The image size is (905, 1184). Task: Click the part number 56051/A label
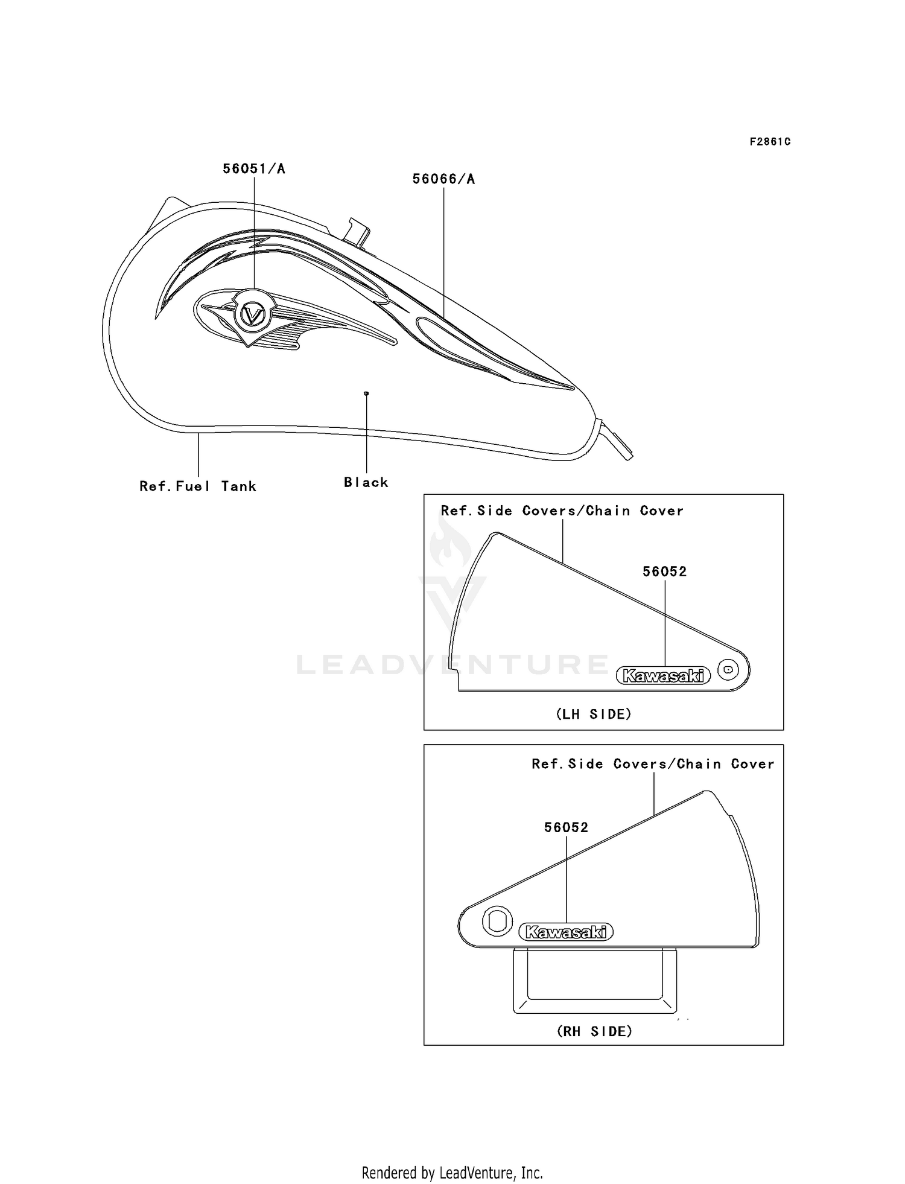tap(254, 169)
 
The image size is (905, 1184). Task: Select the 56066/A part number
tap(443, 179)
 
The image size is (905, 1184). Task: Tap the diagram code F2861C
tap(770, 142)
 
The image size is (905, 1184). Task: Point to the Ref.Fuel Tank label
tap(198, 486)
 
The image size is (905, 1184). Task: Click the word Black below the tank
tap(366, 482)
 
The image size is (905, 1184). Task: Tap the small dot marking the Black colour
tap(366, 393)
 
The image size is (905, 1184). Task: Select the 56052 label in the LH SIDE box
tap(664, 571)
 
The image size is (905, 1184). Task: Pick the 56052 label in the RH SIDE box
tap(566, 827)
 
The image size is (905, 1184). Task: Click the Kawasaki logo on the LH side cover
tap(663, 676)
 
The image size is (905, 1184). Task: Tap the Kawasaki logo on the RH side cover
tap(566, 932)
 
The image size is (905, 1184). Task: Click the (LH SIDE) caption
tap(593, 714)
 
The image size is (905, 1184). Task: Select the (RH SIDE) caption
tap(594, 1031)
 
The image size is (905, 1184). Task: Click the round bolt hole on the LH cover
tap(729, 669)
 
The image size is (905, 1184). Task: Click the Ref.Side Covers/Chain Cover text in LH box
tap(562, 511)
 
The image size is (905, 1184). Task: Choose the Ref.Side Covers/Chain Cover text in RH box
tap(653, 764)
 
